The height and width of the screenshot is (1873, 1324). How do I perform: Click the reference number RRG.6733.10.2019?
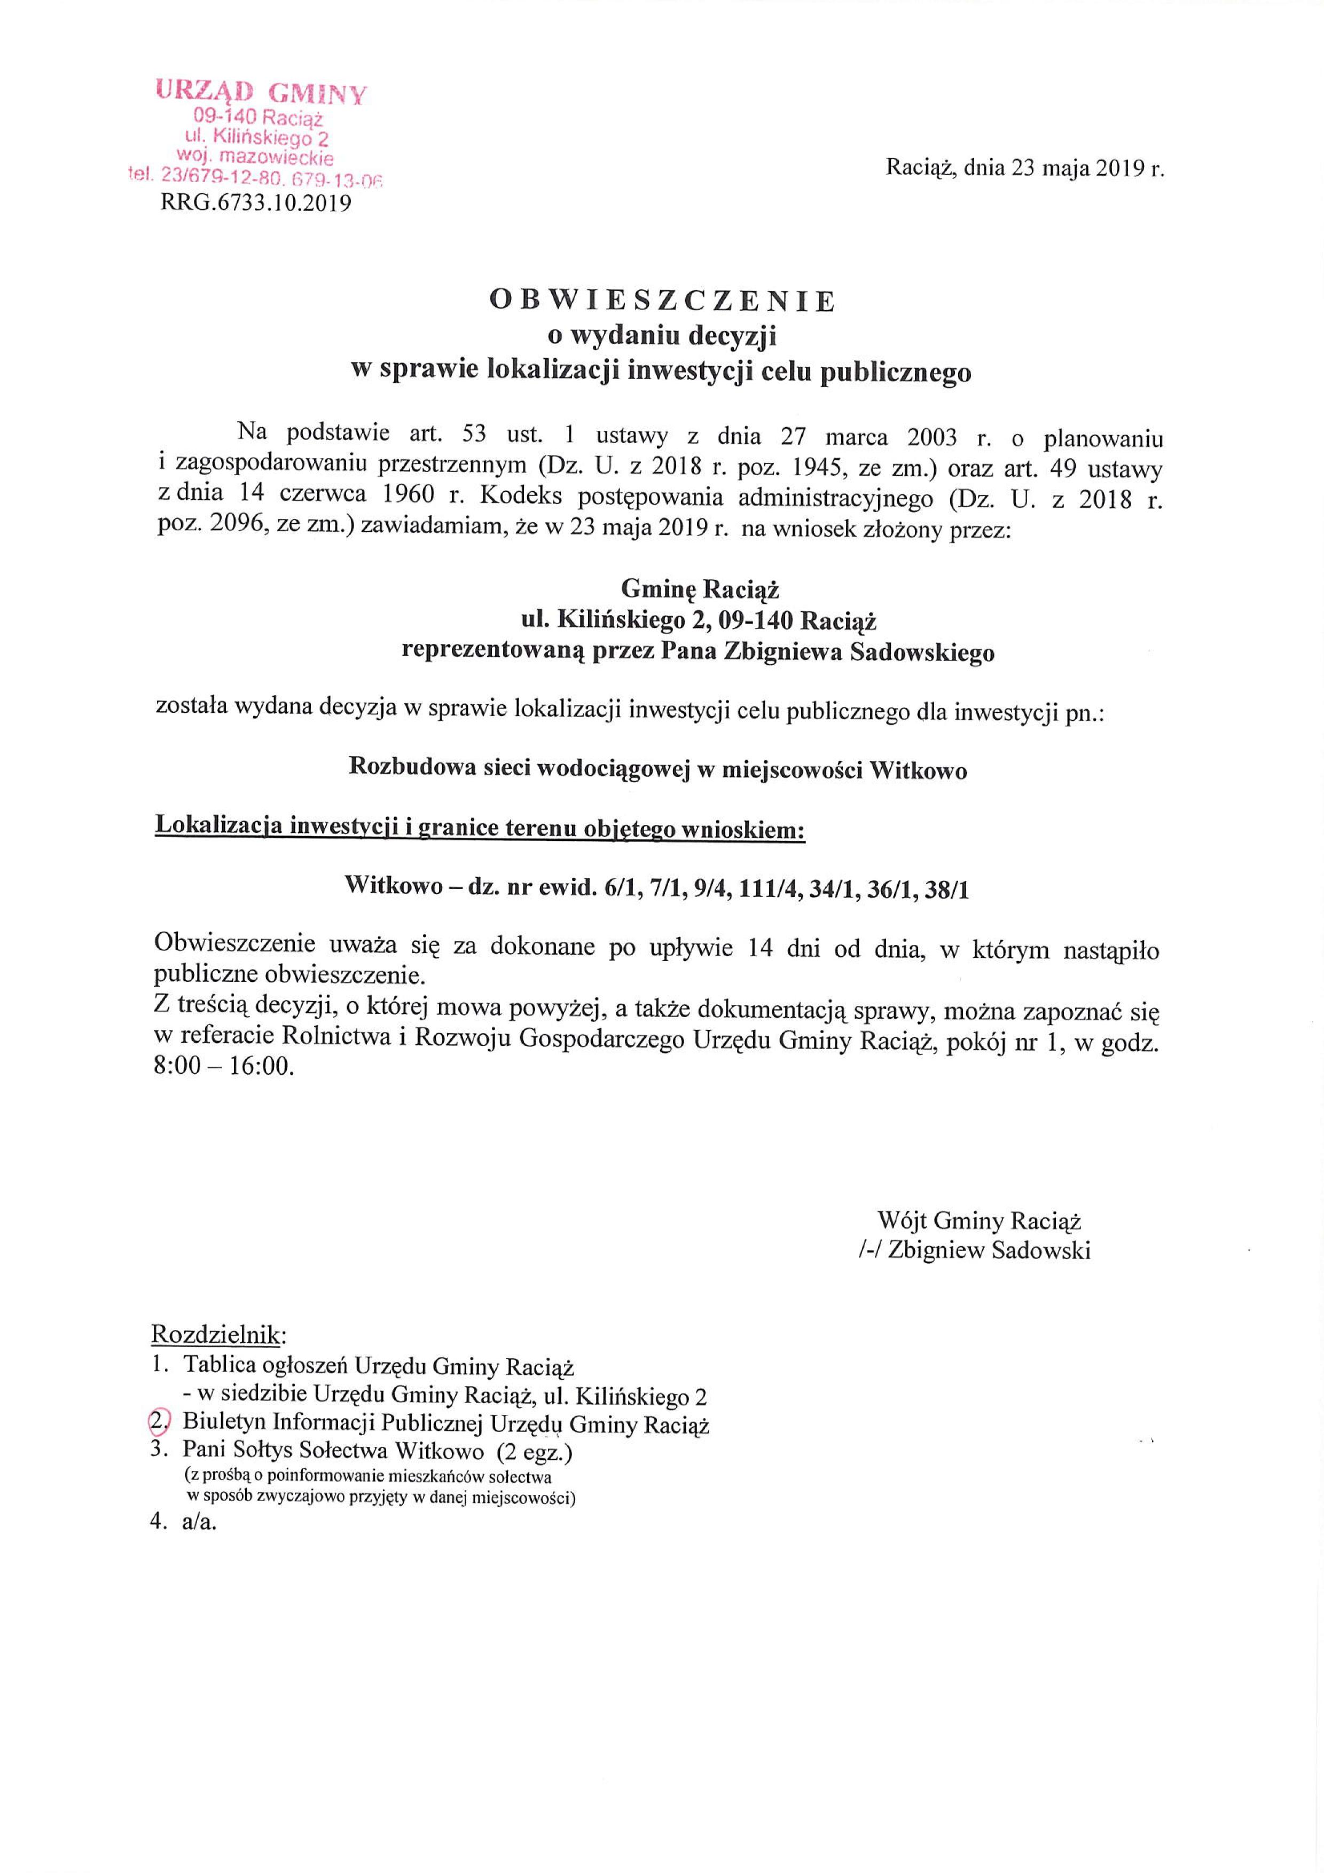tap(256, 203)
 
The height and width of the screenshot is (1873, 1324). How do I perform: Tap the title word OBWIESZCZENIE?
tap(662, 301)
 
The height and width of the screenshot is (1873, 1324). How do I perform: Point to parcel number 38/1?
tap(946, 888)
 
